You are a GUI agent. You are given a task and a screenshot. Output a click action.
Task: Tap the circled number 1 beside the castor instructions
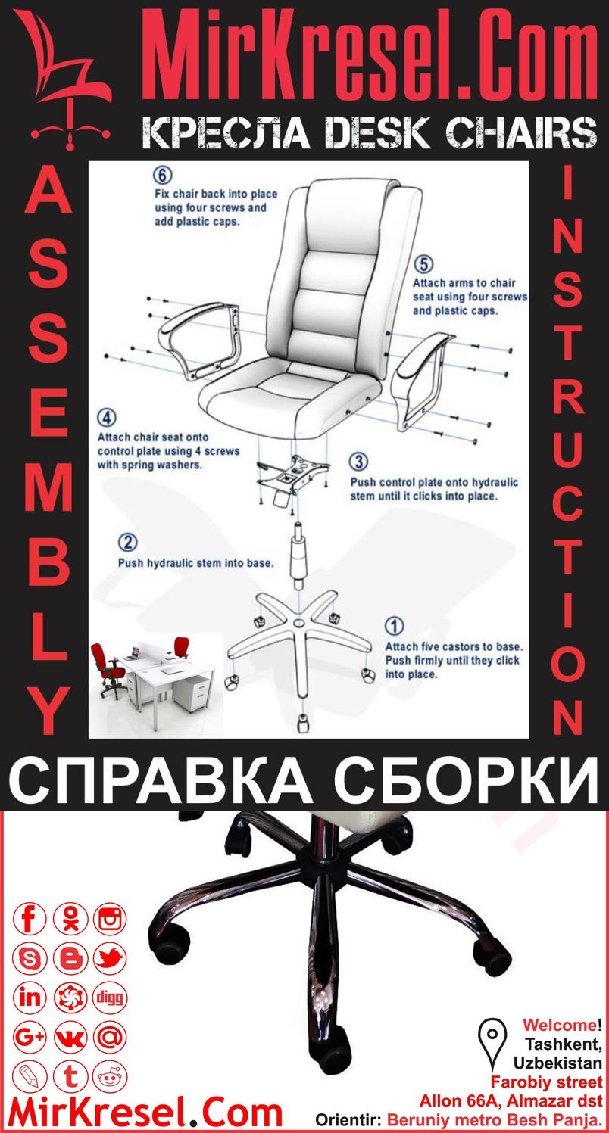point(395,626)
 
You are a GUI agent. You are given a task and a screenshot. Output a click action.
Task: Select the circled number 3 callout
point(359,461)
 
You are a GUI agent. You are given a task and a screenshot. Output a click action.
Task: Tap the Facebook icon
point(31,920)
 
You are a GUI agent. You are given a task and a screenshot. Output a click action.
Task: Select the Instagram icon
point(110,920)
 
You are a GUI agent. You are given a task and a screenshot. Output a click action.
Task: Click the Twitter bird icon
point(110,959)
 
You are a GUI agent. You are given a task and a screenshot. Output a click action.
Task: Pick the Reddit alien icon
point(110,1075)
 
